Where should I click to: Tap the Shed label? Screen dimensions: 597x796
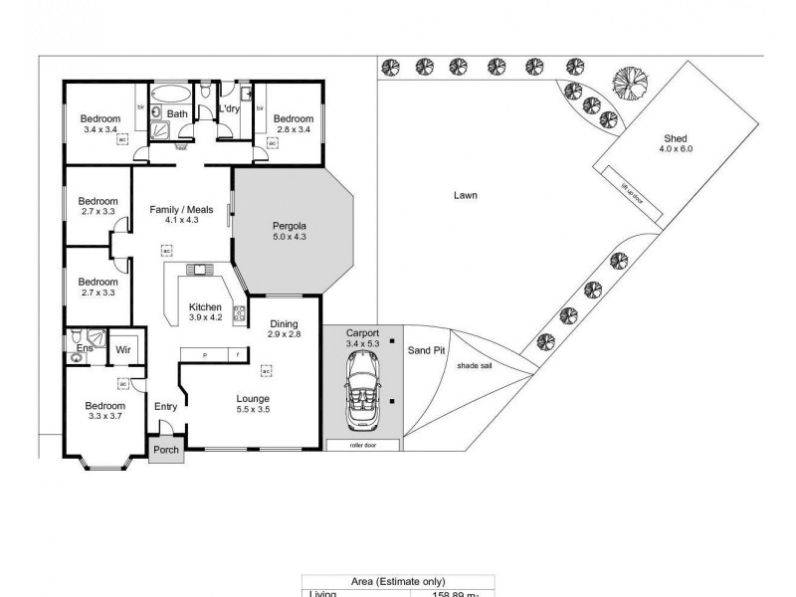coord(675,138)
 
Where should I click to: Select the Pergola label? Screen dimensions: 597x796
coord(289,226)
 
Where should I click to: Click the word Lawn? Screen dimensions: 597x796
coord(465,196)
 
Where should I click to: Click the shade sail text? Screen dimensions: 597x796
coord(475,366)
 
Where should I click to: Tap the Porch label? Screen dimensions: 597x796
coord(165,451)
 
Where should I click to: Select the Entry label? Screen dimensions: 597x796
coord(165,406)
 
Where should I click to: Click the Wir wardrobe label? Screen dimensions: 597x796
coord(124,349)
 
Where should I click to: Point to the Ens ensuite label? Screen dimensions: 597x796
coord(85,347)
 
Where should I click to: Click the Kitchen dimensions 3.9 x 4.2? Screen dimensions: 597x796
coord(205,318)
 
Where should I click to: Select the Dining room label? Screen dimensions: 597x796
coord(284,323)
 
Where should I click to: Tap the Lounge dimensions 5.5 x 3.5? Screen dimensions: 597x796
coord(253,409)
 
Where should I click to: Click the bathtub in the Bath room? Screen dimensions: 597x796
coord(175,94)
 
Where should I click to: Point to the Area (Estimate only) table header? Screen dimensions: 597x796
coord(398,582)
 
